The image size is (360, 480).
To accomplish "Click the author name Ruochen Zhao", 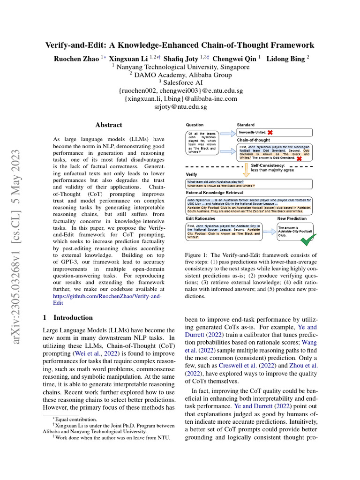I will click(x=76, y=59).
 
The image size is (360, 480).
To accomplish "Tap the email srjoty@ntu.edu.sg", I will click(x=180, y=107).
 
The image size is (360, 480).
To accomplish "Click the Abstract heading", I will click(x=109, y=125).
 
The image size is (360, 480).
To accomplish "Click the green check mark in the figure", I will click(x=307, y=240).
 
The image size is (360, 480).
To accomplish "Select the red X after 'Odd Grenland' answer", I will click(x=298, y=159).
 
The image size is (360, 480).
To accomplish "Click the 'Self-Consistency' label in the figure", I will click(x=268, y=165).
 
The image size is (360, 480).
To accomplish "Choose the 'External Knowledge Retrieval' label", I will click(x=215, y=192).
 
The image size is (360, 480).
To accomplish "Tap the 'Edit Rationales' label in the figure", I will click(x=201, y=218).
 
